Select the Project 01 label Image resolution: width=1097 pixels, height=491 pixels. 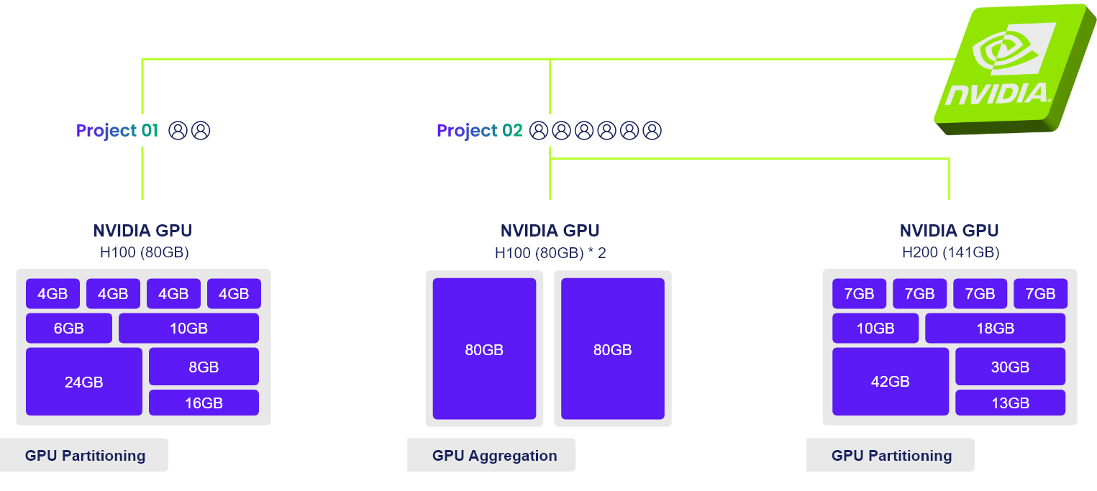coord(117,131)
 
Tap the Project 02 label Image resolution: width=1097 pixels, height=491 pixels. coord(479,131)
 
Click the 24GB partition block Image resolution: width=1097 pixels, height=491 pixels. coord(83,382)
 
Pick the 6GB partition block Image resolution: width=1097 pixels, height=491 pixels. coord(69,329)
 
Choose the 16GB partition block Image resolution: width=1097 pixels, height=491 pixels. coord(204,403)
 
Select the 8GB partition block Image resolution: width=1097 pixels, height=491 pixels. coord(204,367)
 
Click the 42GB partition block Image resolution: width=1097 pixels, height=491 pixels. coord(891,382)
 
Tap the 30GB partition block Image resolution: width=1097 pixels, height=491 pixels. coord(1010,367)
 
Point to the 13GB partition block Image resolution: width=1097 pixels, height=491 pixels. coord(1010,403)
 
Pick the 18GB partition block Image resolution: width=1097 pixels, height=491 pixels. coord(995,329)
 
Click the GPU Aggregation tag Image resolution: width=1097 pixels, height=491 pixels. coord(494,455)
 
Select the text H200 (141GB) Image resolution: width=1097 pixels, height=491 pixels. coord(949,252)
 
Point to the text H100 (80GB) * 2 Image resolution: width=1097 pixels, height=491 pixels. coord(550,252)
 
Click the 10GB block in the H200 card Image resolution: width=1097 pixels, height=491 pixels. coord(875,329)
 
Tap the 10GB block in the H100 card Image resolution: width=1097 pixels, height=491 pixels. coord(188,329)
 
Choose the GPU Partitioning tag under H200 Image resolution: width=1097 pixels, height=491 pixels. coord(891,455)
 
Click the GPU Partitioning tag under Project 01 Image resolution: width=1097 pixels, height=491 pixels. coord(85,455)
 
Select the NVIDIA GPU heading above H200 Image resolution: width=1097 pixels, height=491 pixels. coord(949,231)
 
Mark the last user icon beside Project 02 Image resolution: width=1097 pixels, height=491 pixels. coord(652,131)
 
